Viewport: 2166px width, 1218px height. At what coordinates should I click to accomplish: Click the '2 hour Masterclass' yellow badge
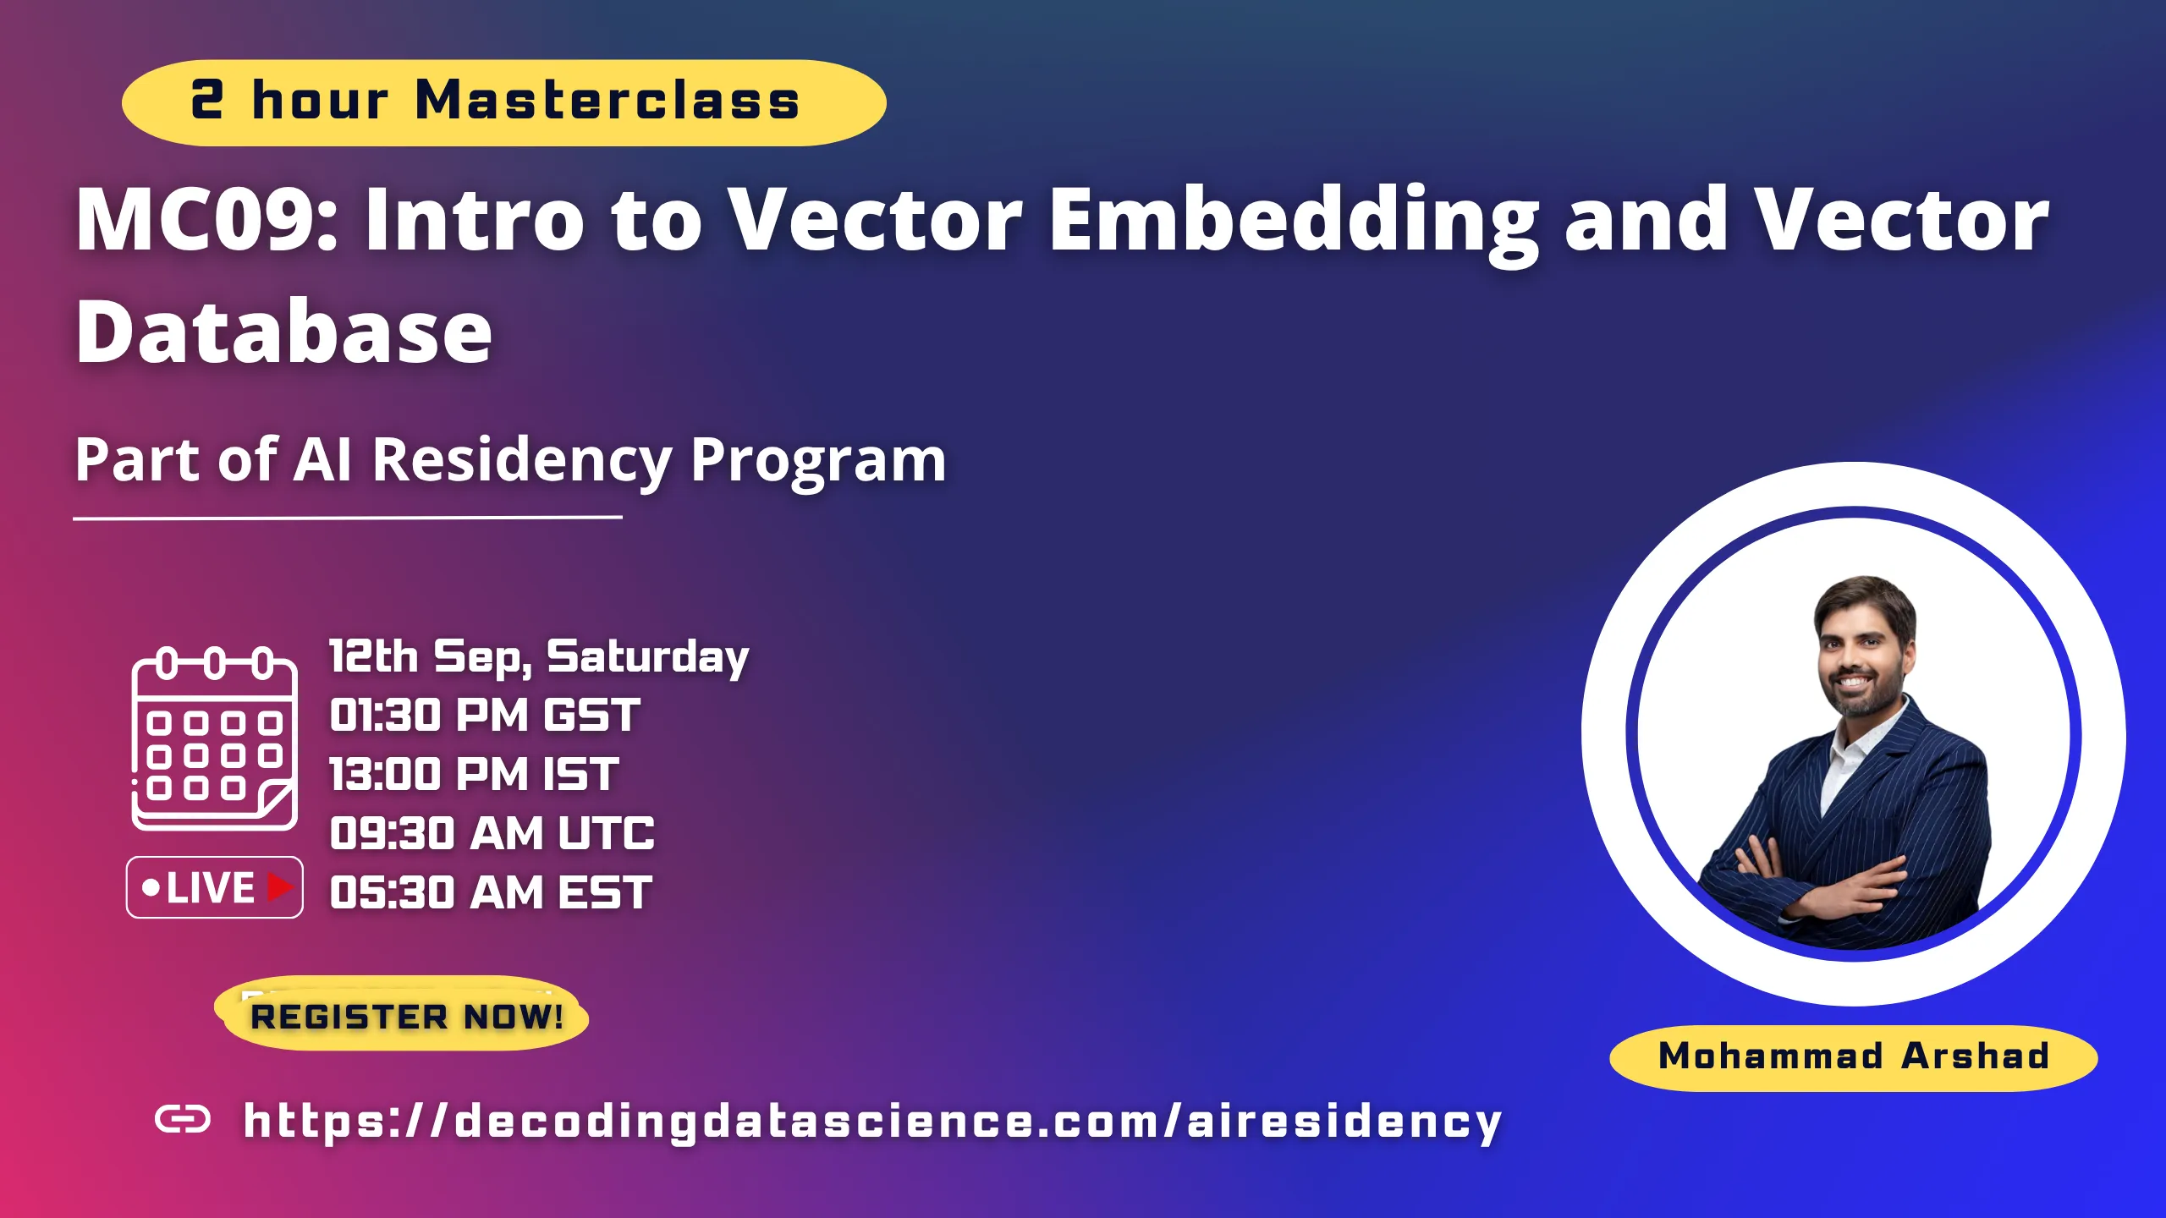click(504, 102)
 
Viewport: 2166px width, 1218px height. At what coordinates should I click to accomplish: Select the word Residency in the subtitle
click(522, 461)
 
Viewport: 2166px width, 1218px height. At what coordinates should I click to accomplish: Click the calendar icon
click(215, 738)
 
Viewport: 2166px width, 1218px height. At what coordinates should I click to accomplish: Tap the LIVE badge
click(215, 887)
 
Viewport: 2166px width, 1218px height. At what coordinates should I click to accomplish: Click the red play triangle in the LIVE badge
click(280, 887)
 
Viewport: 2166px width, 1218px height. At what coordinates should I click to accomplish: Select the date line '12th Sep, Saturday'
click(539, 657)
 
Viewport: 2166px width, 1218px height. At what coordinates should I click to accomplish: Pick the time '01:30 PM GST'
click(485, 715)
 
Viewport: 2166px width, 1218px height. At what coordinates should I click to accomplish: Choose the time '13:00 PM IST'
click(474, 774)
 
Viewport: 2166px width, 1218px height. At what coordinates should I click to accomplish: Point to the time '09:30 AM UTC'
click(492, 833)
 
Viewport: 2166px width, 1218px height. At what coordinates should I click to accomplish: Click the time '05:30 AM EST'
click(491, 892)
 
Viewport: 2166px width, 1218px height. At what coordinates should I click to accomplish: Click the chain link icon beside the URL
click(183, 1120)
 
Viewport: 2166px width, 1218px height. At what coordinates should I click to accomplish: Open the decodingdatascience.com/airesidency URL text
click(872, 1122)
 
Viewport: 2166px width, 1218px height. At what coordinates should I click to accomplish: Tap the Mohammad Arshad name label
click(1854, 1057)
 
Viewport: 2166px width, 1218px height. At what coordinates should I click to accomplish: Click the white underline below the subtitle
click(348, 517)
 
